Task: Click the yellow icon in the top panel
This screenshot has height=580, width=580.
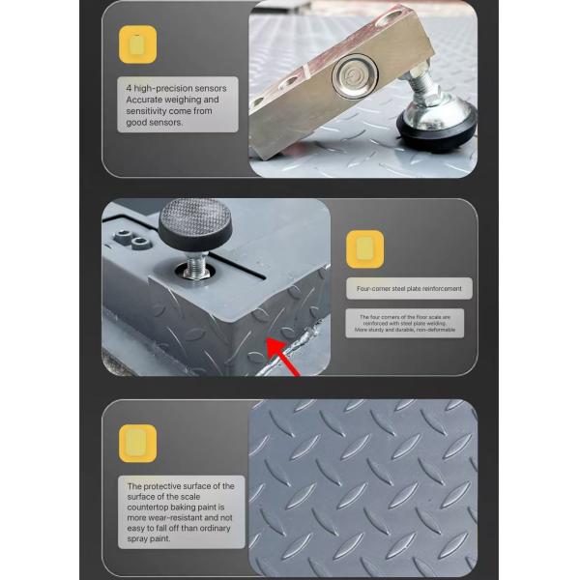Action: pos(138,44)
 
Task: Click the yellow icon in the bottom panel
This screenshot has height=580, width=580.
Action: pos(138,442)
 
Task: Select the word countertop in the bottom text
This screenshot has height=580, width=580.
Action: pos(155,507)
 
